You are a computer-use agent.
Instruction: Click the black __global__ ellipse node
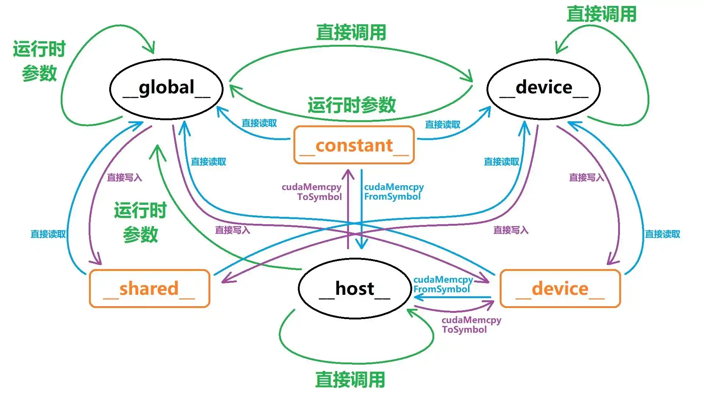pyautogui.click(x=166, y=89)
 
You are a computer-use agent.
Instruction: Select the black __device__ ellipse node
pyautogui.click(x=543, y=89)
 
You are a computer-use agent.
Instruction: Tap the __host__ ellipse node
pyautogui.click(x=354, y=289)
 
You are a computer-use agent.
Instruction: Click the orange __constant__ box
pyautogui.click(x=354, y=145)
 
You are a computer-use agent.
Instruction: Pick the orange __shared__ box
pyautogui.click(x=149, y=289)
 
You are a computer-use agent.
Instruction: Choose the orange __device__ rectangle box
pyautogui.click(x=560, y=289)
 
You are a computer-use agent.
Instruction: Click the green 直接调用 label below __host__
pyautogui.click(x=350, y=380)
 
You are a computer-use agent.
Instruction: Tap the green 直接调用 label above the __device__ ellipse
pyautogui.click(x=602, y=14)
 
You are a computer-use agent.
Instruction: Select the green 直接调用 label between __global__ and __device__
pyautogui.click(x=351, y=32)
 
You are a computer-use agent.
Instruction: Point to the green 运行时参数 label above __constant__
pyautogui.click(x=352, y=105)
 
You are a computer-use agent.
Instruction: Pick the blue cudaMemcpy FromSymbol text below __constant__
pyautogui.click(x=393, y=192)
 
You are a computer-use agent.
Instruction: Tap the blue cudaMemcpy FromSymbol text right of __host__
pyautogui.click(x=443, y=284)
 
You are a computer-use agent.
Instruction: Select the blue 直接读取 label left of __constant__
pyautogui.click(x=259, y=123)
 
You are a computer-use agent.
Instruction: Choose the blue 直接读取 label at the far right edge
pyautogui.click(x=662, y=234)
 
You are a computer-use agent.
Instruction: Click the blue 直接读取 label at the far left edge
pyautogui.click(x=48, y=234)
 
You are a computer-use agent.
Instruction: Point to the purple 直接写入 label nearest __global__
pyautogui.click(x=124, y=178)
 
